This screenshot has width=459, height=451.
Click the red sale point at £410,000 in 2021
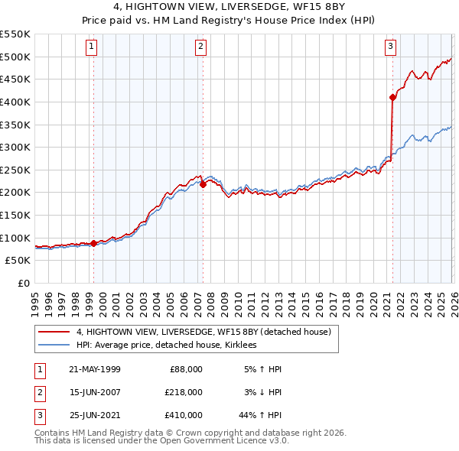click(392, 97)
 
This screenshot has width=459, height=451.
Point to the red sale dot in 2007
click(203, 184)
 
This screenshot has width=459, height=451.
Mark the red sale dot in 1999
click(94, 243)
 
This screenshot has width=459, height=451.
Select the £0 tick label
click(23, 283)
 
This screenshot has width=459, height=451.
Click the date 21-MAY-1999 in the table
click(94, 368)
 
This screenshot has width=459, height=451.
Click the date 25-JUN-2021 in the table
click(94, 414)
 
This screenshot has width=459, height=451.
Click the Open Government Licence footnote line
click(161, 441)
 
